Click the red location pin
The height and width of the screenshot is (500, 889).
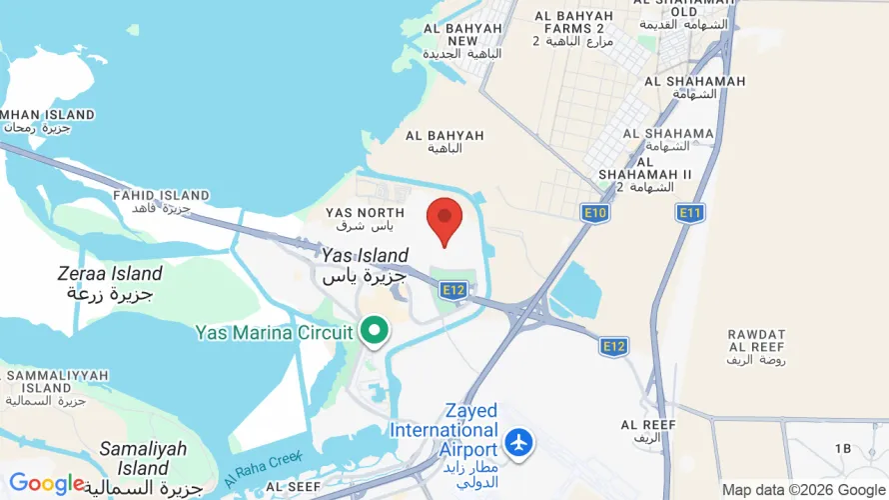click(x=444, y=219)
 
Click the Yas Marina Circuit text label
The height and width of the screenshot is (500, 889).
click(x=274, y=332)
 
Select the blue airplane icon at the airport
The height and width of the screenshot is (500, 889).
click(x=517, y=441)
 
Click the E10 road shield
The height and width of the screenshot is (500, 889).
click(x=595, y=213)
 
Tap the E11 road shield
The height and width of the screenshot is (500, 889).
click(x=689, y=213)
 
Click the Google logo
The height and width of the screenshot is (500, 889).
click(x=47, y=484)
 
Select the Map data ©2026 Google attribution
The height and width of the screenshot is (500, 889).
click(x=803, y=490)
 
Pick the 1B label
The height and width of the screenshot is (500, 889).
click(x=842, y=448)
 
